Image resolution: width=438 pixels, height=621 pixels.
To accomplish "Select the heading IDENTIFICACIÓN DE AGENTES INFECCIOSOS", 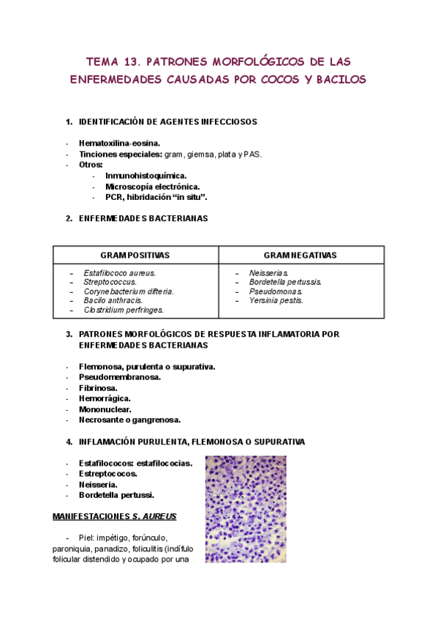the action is [167, 122].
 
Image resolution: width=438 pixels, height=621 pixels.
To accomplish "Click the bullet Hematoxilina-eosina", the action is [120, 144].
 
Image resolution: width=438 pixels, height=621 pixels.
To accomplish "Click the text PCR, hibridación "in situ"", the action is [156, 198].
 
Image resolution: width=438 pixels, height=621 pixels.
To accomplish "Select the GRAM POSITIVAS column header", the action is [135, 255].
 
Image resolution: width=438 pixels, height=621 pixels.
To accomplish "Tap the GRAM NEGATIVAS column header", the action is [301, 255].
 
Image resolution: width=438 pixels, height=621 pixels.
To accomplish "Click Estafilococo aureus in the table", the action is [120, 273].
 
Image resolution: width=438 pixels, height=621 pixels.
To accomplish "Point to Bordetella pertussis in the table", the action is [285, 282].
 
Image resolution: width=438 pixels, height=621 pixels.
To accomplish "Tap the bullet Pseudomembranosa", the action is [120, 377].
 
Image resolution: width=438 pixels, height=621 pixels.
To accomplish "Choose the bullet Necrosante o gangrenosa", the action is [130, 420].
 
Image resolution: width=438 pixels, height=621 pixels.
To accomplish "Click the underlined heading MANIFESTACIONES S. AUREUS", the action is [114, 516].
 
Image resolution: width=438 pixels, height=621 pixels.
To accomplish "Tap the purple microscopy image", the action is [246, 509].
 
